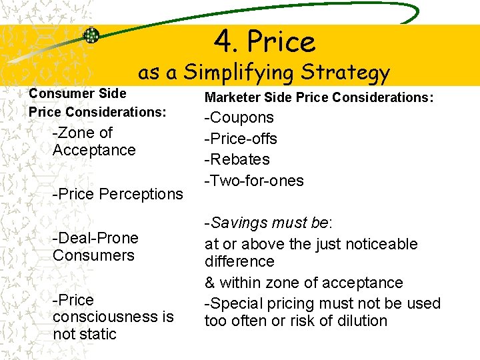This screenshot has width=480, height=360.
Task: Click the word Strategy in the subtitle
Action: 345,72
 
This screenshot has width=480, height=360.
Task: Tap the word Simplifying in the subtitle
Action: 240,72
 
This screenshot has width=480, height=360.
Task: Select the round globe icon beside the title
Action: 91,35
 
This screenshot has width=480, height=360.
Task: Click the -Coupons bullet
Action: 239,118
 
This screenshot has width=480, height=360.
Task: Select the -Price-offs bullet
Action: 240,139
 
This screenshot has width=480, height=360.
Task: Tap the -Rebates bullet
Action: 237,159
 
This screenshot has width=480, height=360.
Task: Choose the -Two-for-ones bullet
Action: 253,181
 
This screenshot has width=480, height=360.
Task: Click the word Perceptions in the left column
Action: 140,194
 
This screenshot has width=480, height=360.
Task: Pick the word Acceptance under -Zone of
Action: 94,150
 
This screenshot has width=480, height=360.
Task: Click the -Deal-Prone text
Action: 95,238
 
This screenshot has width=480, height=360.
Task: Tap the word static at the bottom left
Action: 98,334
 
